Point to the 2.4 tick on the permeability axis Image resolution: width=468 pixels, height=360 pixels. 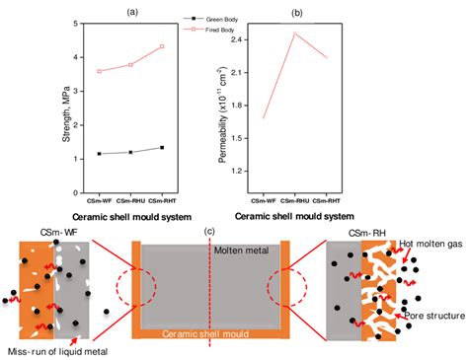click(x=263, y=39)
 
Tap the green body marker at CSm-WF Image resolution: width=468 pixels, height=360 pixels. click(x=99, y=154)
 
